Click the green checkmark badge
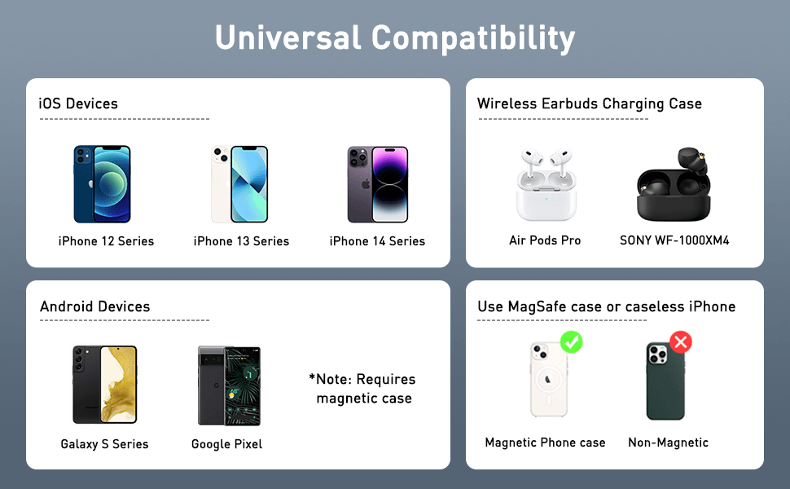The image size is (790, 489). (x=572, y=342)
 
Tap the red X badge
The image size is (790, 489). (x=681, y=342)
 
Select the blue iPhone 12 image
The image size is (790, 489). (x=103, y=184)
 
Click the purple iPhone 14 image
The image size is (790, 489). (x=378, y=184)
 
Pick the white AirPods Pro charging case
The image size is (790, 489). (x=546, y=184)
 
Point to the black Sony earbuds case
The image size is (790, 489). (x=674, y=184)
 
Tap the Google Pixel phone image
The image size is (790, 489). (x=229, y=385)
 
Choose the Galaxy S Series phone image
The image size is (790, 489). (x=105, y=385)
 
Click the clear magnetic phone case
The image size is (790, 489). (x=549, y=380)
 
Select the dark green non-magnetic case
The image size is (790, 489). (x=665, y=381)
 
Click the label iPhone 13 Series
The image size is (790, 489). (x=241, y=241)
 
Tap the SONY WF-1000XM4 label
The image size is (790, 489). (x=674, y=240)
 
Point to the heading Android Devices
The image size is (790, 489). (x=95, y=306)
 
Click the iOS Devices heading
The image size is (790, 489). (x=78, y=104)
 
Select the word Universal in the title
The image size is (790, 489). (x=288, y=37)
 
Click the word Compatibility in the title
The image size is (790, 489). (x=473, y=38)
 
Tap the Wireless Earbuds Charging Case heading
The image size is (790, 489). (x=590, y=104)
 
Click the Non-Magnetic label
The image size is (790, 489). (x=668, y=443)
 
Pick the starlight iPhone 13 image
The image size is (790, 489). (x=239, y=184)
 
